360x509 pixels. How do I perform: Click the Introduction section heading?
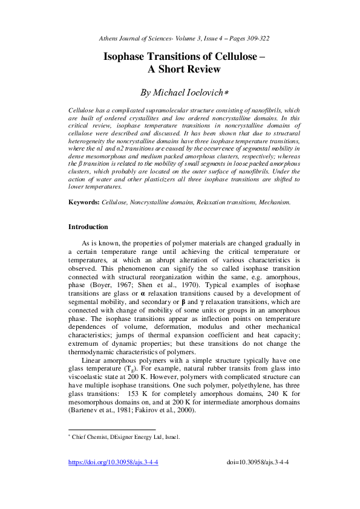[88, 227]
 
